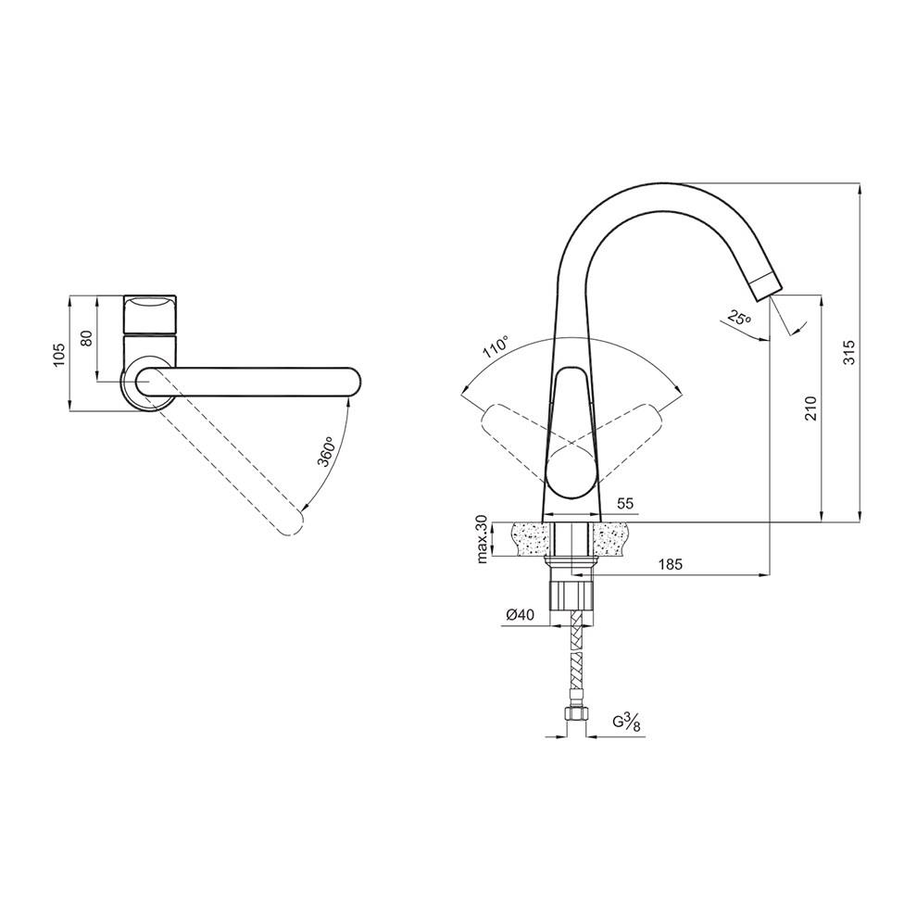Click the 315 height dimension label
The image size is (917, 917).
[848, 352]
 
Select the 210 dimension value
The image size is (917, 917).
[810, 408]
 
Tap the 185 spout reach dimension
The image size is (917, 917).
[671, 564]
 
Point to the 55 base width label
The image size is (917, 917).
[625, 504]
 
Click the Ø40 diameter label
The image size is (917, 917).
[520, 615]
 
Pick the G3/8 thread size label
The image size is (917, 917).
[627, 722]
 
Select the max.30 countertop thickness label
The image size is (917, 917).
[482, 539]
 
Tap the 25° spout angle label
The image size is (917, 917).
[739, 318]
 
